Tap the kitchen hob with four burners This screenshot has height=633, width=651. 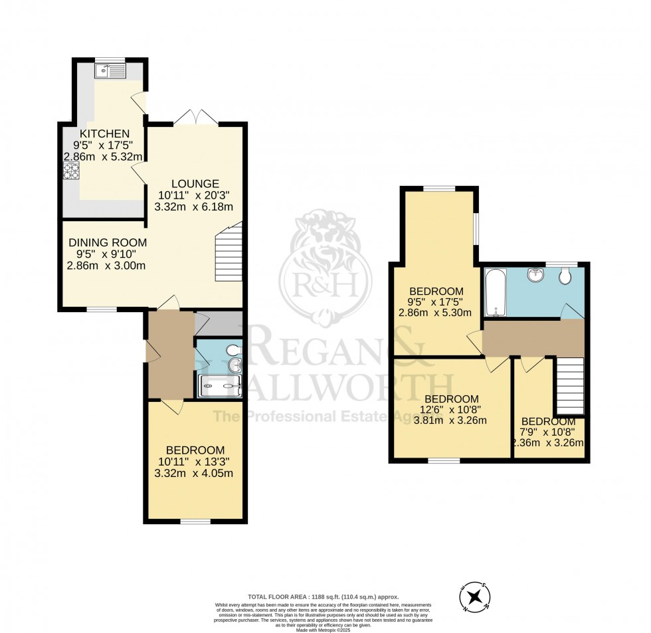click(x=70, y=171)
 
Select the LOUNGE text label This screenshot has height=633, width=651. click(x=195, y=183)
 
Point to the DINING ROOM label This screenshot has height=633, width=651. click(x=108, y=242)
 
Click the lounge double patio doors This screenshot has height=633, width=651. click(x=195, y=117)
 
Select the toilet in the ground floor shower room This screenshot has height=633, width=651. click(x=233, y=349)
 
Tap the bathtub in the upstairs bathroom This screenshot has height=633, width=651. click(x=495, y=293)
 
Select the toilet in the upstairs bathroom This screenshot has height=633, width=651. click(x=565, y=276)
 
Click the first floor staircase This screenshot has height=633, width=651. click(x=569, y=385)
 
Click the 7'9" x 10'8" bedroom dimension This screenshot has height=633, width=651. click(x=548, y=432)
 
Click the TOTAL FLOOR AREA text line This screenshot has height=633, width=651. click(x=324, y=597)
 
